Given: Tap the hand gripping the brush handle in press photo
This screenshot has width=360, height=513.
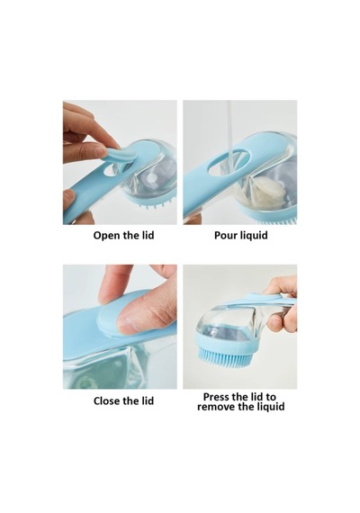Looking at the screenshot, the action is coord(282,304).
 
